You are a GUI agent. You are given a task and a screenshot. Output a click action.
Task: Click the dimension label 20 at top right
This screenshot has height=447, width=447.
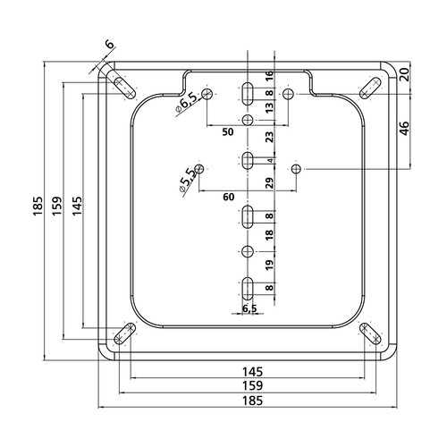click(x=404, y=74)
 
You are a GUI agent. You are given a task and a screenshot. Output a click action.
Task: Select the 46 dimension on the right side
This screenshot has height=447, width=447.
click(x=404, y=129)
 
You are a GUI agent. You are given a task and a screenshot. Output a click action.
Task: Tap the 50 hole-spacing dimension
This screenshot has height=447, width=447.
click(x=228, y=132)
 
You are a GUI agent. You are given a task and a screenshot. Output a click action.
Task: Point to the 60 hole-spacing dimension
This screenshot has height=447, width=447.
click(x=229, y=197)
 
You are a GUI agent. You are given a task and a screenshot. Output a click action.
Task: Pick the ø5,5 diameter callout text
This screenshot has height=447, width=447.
click(x=186, y=180)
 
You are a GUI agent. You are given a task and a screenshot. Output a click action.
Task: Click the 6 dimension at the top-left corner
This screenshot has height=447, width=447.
click(x=110, y=45)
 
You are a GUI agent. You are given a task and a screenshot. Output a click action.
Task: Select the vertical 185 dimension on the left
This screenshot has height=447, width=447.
click(x=38, y=206)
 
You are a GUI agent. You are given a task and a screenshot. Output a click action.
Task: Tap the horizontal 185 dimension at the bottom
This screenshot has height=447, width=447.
click(x=252, y=401)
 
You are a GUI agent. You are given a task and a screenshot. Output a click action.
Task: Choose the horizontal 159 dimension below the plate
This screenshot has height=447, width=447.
click(x=252, y=385)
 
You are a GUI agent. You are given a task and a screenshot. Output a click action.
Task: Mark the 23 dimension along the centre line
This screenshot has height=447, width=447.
click(x=269, y=137)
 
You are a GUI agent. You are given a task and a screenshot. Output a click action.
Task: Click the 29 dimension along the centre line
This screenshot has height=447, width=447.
click(x=269, y=183)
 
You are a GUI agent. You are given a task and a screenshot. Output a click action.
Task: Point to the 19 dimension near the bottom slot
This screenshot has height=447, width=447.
click(x=269, y=265)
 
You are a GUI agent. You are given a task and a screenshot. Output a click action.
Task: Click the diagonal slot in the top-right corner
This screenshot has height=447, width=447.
click(x=370, y=89)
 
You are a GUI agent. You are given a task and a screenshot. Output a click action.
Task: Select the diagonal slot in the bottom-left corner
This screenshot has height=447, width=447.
click(x=124, y=333)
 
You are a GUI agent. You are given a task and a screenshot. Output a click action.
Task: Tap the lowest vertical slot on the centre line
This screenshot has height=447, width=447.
click(x=248, y=289)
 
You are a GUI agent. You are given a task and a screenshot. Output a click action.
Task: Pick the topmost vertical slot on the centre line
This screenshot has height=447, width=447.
click(x=248, y=94)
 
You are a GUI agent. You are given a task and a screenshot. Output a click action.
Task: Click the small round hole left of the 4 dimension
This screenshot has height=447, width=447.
click(x=199, y=169)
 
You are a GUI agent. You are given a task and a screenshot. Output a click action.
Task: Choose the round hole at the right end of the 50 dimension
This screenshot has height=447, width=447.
click(x=288, y=94)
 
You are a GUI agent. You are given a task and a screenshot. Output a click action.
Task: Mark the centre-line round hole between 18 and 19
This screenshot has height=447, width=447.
click(x=248, y=252)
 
